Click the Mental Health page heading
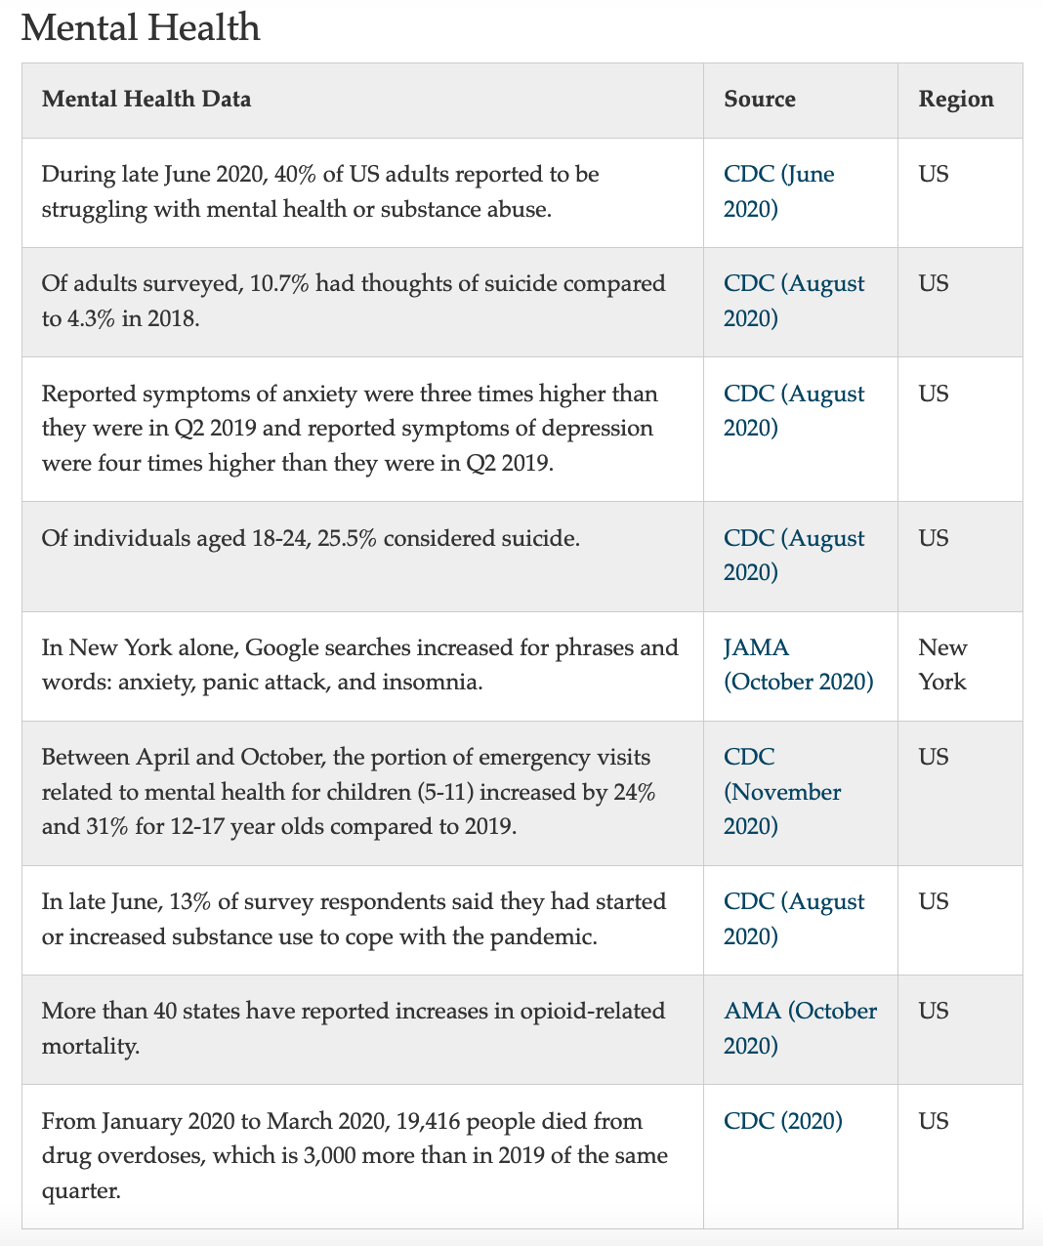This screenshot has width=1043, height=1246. [141, 27]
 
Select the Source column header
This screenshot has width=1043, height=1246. [759, 100]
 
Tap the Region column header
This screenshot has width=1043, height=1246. [955, 100]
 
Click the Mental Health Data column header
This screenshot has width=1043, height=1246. [146, 100]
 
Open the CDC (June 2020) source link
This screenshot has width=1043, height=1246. [778, 191]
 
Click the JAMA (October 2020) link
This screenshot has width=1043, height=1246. [798, 665]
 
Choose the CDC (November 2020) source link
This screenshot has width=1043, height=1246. [781, 792]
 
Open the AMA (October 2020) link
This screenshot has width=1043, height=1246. [800, 1028]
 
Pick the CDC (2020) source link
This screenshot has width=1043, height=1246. [782, 1121]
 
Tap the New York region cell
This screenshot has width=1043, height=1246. [942, 665]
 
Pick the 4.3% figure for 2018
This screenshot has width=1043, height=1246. [91, 319]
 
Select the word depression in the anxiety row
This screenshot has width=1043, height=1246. [593, 429]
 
